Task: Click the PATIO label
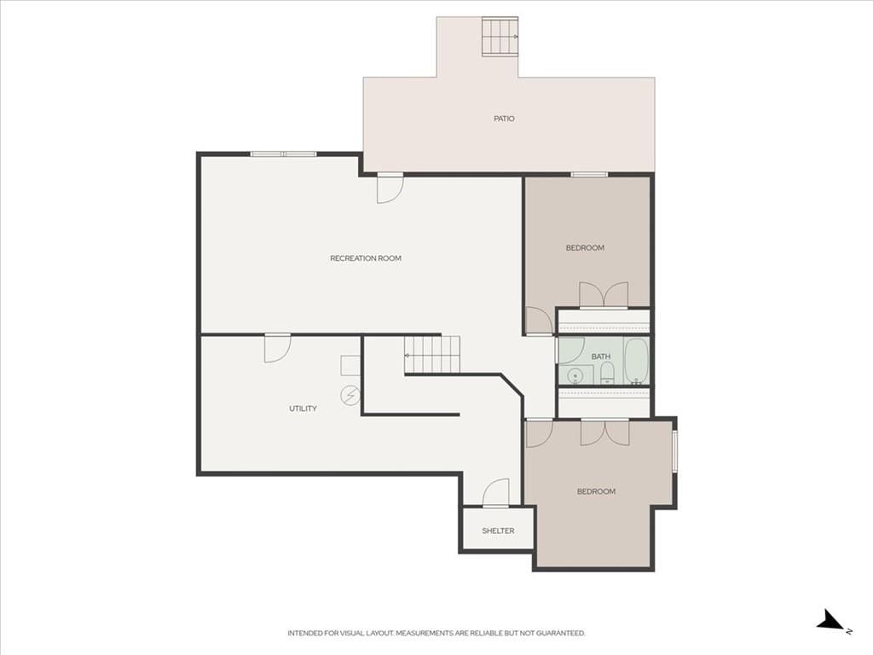[x=504, y=119]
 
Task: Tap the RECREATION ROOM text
[x=365, y=258]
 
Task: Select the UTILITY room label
[x=303, y=409]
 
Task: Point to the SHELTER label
[x=498, y=530]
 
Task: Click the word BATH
[x=601, y=356]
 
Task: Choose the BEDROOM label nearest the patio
[x=585, y=248]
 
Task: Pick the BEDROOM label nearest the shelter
[x=596, y=492]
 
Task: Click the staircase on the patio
[x=500, y=37]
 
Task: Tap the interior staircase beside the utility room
[x=432, y=354]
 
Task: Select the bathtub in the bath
[x=636, y=361]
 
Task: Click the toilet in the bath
[x=607, y=374]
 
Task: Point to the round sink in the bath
[x=575, y=376]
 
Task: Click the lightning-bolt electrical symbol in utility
[x=350, y=396]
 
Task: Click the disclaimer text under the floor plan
[x=436, y=634]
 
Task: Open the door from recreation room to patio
[x=390, y=188]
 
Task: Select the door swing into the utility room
[x=277, y=348]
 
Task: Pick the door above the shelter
[x=495, y=493]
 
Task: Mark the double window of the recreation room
[x=283, y=154]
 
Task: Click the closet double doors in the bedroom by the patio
[x=604, y=294]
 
